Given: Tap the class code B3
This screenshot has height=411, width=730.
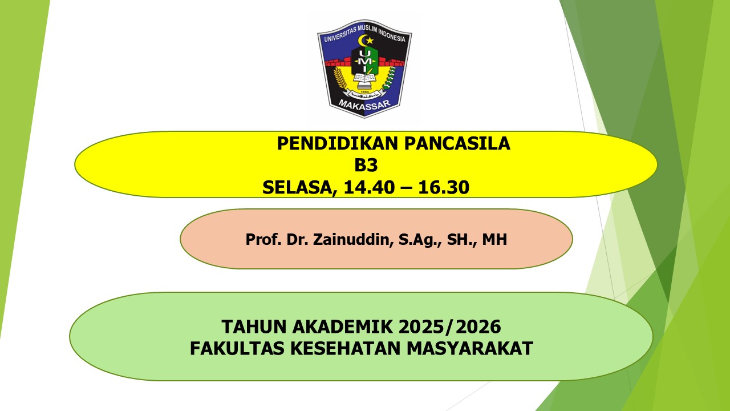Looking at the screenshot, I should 366,165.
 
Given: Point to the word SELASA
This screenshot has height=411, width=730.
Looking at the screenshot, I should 295,187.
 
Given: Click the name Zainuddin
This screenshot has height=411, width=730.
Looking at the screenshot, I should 350,239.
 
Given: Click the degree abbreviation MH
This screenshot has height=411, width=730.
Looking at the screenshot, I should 494,239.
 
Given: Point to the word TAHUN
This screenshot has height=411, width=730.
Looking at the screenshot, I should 252,327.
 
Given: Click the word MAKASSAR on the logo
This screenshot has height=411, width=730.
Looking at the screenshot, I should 364,104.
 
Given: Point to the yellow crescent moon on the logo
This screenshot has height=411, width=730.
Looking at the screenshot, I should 361,42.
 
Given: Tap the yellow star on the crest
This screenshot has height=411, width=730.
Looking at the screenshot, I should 369,41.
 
